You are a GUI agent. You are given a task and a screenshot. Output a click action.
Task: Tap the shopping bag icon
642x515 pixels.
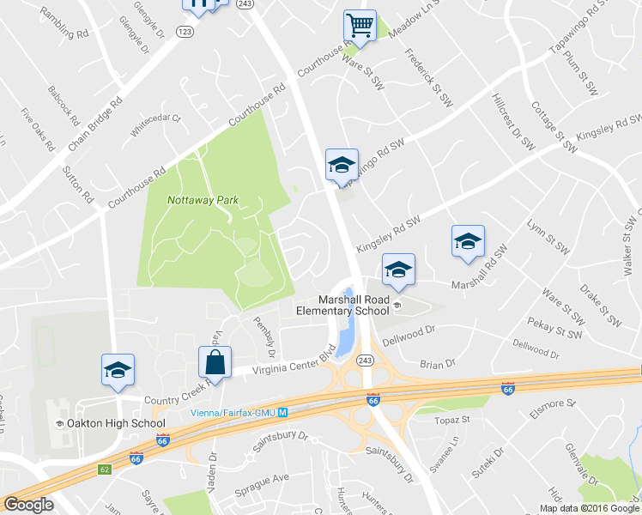click(x=215, y=363)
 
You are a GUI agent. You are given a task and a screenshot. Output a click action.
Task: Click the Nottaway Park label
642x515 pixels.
click(x=203, y=200)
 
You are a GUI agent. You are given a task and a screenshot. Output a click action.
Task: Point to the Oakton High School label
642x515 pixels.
click(x=116, y=423)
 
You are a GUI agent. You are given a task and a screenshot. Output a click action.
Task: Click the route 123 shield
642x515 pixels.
click(x=184, y=31)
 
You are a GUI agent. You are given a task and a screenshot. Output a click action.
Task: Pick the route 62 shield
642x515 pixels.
click(x=105, y=470)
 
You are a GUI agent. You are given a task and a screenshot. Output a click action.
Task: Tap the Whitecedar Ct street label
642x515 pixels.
click(x=155, y=125)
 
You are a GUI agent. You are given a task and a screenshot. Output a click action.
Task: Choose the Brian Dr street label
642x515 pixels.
click(x=438, y=365)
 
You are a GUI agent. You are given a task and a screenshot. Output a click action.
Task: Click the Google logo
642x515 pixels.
click(x=29, y=505)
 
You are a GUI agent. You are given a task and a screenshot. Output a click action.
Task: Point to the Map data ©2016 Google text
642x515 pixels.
click(x=589, y=508)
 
